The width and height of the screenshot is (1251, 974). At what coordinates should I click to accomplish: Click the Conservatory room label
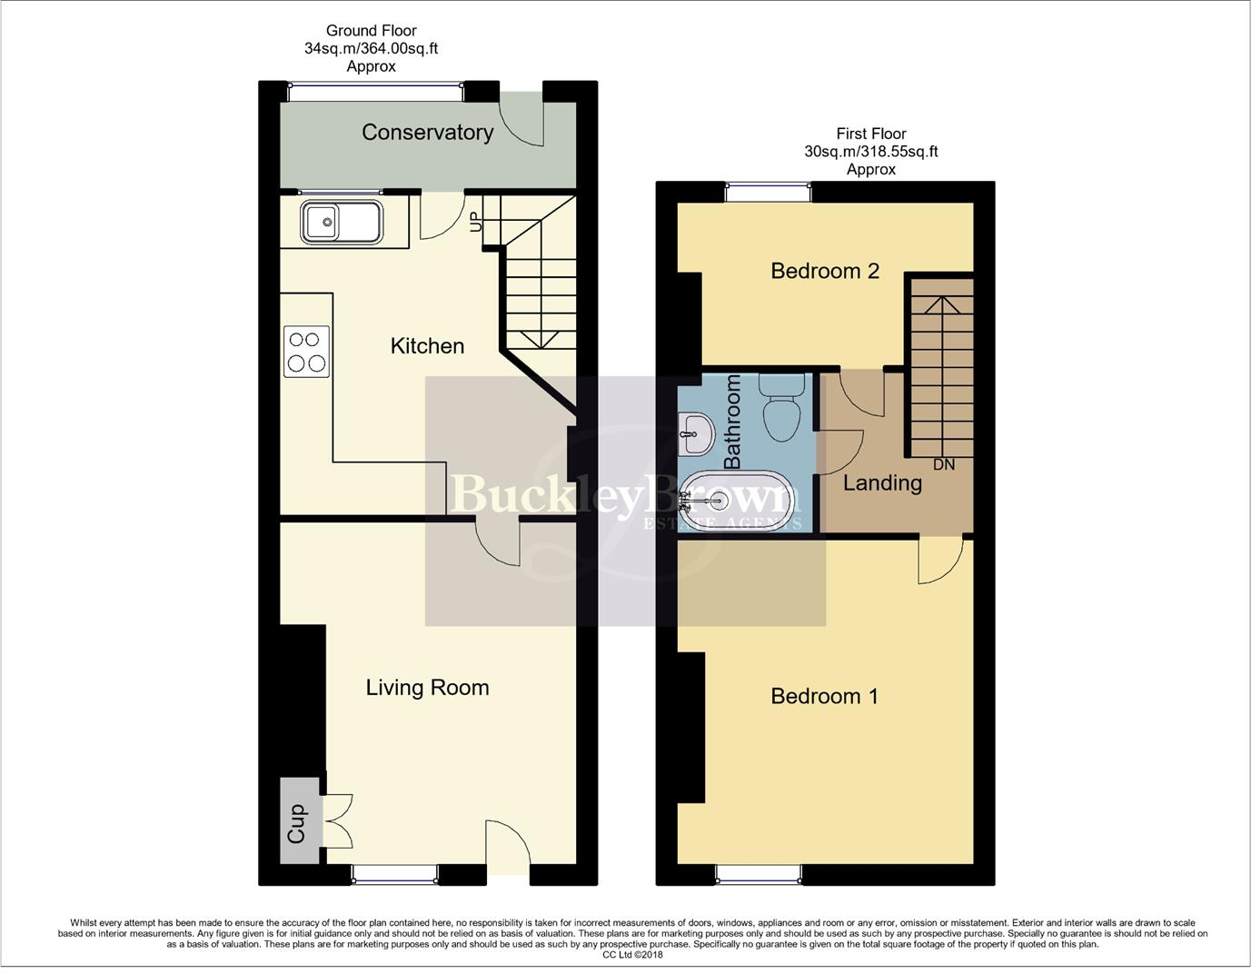pos(427,133)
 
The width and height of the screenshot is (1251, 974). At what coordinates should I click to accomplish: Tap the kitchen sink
pos(341,223)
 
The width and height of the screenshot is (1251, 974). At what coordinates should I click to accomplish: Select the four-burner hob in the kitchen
pos(306,352)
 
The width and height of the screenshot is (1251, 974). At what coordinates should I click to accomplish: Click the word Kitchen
pos(427,346)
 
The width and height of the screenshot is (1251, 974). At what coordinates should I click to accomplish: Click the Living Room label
pos(427,688)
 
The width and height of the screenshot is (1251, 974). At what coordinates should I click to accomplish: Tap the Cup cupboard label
pos(297,823)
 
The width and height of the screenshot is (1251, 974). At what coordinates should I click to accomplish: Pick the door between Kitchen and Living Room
pos(497,543)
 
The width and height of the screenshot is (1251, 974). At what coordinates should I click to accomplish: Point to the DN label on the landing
pos(944,464)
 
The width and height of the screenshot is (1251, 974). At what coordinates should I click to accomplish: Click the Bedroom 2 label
pos(825,271)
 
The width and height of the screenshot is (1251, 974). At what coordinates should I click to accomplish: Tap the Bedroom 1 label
pos(825,696)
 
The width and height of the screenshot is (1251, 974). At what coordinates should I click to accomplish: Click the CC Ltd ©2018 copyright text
pos(633,955)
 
